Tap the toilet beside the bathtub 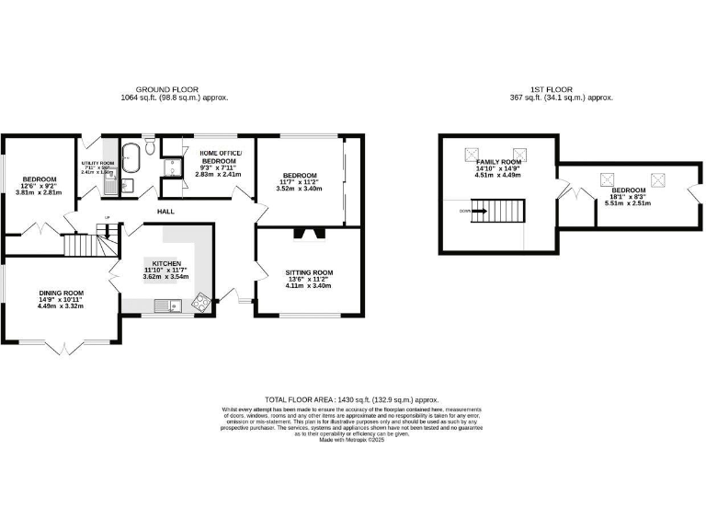(x=151, y=144)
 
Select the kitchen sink (x=166, y=305)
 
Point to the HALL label (x=165, y=212)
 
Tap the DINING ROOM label (x=55, y=292)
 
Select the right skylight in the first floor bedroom (x=658, y=179)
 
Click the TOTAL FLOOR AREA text (x=352, y=400)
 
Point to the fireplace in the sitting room (x=303, y=233)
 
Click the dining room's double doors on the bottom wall (x=63, y=346)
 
